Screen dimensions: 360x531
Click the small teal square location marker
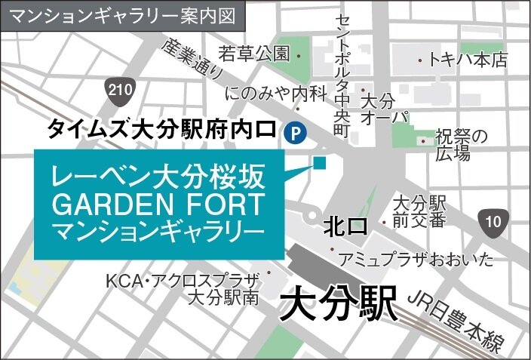click(320, 162)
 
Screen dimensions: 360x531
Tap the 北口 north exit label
click(344, 226)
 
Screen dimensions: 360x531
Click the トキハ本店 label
click(468, 60)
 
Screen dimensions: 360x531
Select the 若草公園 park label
click(254, 54)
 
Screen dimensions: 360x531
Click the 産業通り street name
click(192, 58)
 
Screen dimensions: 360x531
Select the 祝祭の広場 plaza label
click(462, 145)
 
